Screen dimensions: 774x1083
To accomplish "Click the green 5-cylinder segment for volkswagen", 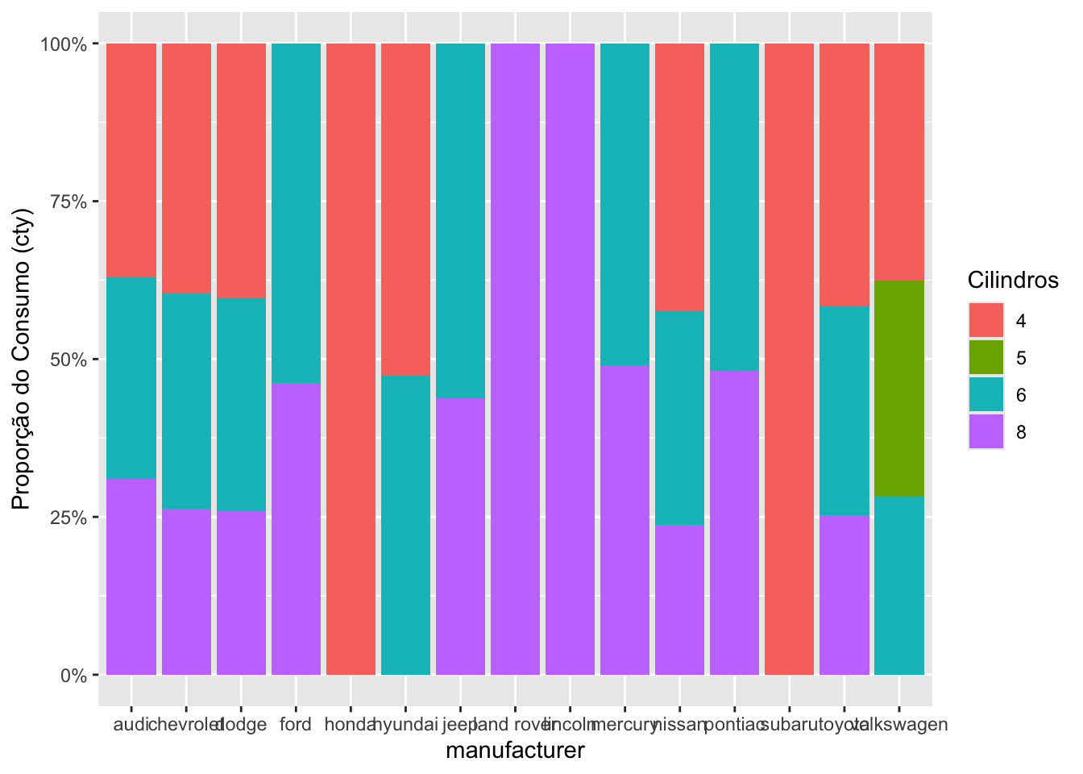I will (x=898, y=388).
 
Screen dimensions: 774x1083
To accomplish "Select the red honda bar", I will (x=351, y=359).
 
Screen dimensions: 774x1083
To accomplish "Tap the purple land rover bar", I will (x=515, y=359).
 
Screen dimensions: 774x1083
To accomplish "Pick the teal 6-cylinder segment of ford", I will (x=296, y=213).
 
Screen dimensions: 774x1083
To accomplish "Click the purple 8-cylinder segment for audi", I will (x=131, y=576).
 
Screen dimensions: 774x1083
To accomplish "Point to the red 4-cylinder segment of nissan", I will (x=679, y=177).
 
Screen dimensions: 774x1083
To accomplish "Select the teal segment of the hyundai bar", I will (x=405, y=525).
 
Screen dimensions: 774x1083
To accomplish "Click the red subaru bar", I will (x=789, y=359).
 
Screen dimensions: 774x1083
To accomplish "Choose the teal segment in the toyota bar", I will (x=844, y=410).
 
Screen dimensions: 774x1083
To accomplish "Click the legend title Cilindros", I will (x=1012, y=281).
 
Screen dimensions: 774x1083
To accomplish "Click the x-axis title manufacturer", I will (x=515, y=751).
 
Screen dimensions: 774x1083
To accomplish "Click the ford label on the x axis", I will (x=296, y=725).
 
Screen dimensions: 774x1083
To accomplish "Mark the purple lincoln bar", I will (x=570, y=359).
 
